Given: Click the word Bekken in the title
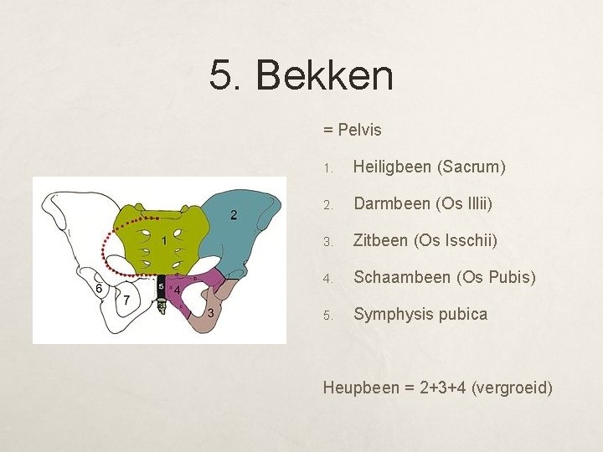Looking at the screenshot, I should [x=324, y=75].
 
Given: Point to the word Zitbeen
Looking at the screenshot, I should [x=380, y=240].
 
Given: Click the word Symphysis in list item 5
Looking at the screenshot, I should [x=389, y=315].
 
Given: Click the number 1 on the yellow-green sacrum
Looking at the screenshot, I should [x=165, y=241].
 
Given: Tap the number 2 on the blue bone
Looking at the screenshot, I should [x=233, y=215].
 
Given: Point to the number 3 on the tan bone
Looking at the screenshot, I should [x=210, y=313].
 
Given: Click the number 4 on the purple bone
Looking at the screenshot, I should [x=178, y=290].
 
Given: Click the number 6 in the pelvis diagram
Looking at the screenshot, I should [x=99, y=288].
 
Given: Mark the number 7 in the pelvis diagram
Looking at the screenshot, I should [x=126, y=300].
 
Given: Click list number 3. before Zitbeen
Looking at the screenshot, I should [x=329, y=241].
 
